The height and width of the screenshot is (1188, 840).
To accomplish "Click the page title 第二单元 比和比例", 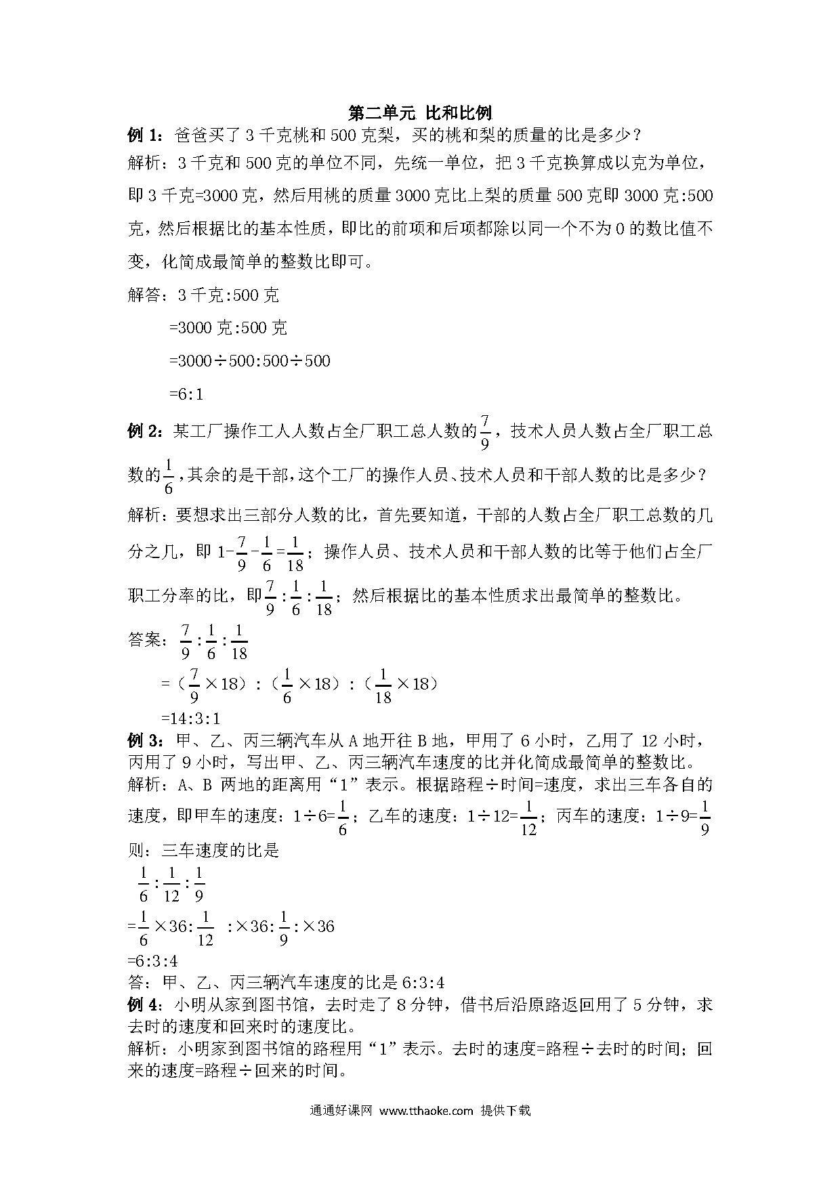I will click(x=419, y=112).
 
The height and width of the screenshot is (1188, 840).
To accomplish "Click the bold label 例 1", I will click(x=144, y=135).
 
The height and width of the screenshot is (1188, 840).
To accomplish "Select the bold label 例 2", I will click(x=144, y=431).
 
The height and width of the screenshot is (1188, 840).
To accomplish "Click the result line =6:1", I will click(x=186, y=394).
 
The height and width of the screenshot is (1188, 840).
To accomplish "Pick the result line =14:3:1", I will click(x=190, y=718).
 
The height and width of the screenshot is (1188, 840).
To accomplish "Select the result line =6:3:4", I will click(x=152, y=960).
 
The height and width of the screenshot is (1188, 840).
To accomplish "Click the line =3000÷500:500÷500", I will click(x=249, y=360).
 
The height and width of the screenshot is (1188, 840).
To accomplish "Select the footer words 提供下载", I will click(x=505, y=1110).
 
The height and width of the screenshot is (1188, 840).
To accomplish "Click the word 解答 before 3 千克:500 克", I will click(x=144, y=295).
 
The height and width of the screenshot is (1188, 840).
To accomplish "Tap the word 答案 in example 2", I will click(x=144, y=639).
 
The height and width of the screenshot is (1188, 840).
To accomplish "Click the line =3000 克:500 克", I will click(x=228, y=328).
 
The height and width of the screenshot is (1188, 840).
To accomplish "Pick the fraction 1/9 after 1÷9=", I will click(x=705, y=818).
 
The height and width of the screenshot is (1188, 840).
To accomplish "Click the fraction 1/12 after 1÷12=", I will click(x=528, y=818).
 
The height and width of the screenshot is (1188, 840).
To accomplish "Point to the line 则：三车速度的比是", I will click(x=203, y=850).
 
